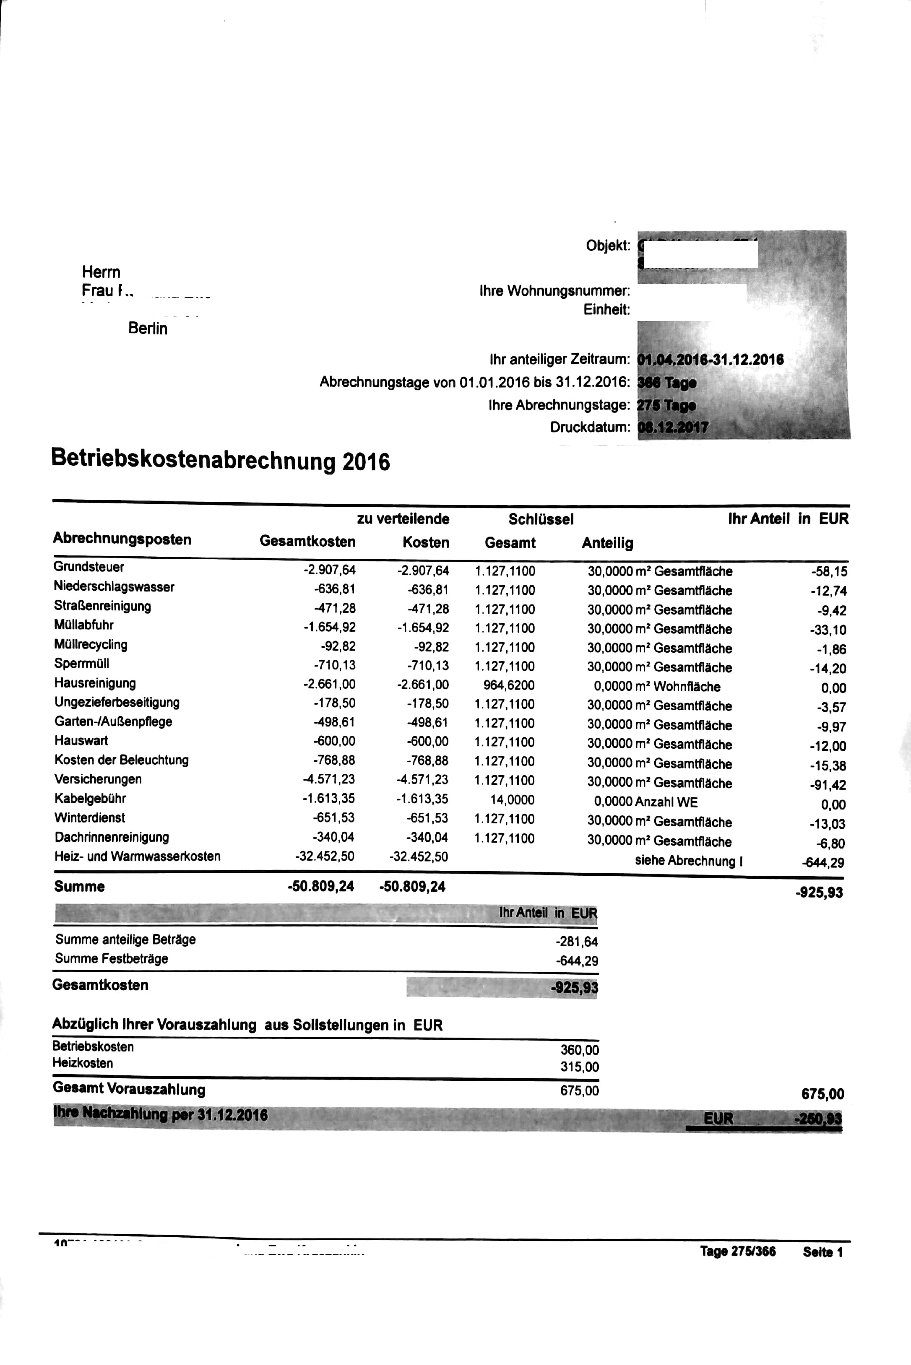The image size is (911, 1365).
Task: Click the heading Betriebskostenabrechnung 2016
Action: [x=220, y=460]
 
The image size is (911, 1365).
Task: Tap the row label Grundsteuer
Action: [x=88, y=567]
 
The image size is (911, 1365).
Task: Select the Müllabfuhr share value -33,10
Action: [x=828, y=630]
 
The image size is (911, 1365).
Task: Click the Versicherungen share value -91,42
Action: [x=828, y=785]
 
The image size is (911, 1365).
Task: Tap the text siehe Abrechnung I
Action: [x=688, y=860]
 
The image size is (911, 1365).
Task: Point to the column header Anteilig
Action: [x=607, y=543]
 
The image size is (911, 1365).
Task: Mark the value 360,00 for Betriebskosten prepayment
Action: [x=579, y=1050]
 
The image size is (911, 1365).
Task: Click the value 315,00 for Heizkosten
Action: [x=579, y=1067]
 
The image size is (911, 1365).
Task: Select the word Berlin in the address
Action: [x=148, y=329]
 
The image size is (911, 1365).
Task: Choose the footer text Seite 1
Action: [x=823, y=1252]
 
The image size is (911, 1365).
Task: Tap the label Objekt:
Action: [x=608, y=246]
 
